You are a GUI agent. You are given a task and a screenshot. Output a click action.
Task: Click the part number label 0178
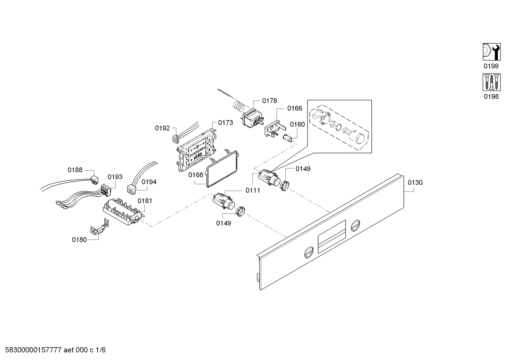(x=269, y=101)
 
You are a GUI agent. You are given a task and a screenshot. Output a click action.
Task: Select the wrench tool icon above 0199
(x=491, y=52)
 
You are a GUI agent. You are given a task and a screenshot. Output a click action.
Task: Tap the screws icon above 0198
(x=491, y=82)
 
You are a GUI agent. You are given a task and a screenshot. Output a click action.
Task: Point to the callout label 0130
(x=415, y=183)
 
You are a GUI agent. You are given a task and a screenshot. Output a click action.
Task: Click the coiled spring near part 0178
(x=239, y=105)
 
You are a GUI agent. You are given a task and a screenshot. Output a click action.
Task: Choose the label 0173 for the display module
(x=225, y=123)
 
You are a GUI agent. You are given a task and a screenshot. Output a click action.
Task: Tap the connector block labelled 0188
(x=93, y=180)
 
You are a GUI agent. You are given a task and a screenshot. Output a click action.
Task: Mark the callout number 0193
(x=115, y=177)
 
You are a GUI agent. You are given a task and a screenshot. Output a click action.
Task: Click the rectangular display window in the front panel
(x=331, y=236)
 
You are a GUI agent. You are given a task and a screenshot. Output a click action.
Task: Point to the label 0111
(x=253, y=190)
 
